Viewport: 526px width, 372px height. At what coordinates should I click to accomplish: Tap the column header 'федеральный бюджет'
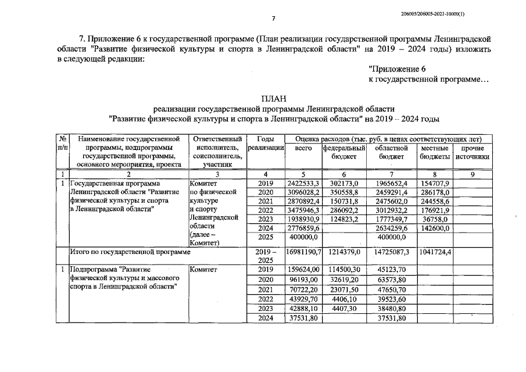(x=343, y=152)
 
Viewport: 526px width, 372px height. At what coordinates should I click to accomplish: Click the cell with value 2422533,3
(x=303, y=183)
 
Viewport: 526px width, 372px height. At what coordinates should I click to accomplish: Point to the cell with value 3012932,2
(x=392, y=210)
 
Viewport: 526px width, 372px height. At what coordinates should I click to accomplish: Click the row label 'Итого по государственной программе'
(x=130, y=253)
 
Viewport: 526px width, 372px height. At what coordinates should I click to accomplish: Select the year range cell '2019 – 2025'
(x=266, y=256)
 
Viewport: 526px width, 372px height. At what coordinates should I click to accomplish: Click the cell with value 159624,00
(x=303, y=270)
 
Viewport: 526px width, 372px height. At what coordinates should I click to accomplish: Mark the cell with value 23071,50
(x=343, y=289)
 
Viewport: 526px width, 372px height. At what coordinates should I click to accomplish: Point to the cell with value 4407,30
(x=343, y=308)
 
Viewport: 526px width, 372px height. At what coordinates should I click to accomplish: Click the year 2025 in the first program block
(x=266, y=237)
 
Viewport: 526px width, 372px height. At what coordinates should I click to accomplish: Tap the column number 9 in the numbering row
(x=473, y=174)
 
